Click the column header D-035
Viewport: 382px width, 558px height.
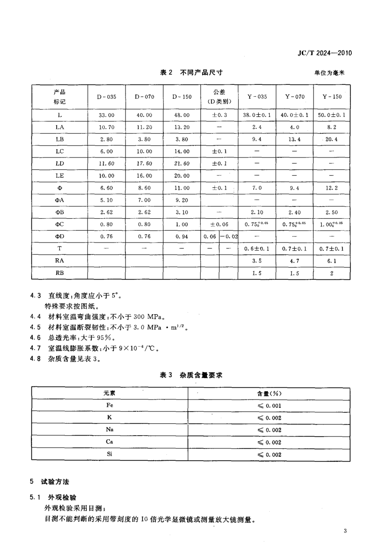[106, 97]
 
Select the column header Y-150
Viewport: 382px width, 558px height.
[332, 97]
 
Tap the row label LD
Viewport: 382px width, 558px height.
[60, 163]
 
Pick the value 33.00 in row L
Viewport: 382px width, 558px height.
[106, 115]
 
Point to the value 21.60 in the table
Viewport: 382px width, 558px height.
[181, 163]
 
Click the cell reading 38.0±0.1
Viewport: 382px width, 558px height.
[257, 115]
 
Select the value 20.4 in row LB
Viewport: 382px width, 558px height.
[332, 139]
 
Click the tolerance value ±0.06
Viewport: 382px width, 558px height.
[219, 224]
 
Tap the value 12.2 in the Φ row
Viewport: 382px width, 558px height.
[332, 188]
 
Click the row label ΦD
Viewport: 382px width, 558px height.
[60, 236]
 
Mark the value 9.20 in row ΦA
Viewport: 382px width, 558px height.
[181, 200]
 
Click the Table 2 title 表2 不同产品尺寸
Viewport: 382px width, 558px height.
[191, 72]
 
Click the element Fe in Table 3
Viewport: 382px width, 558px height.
[110, 405]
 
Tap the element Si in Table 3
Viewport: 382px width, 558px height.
[110, 454]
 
